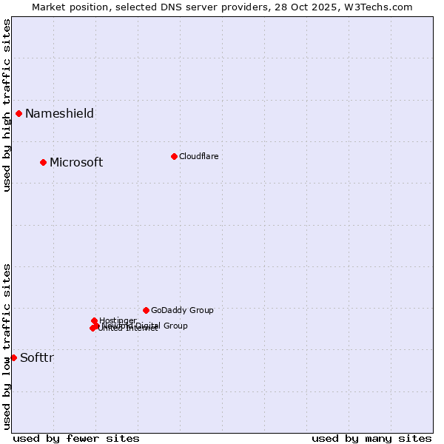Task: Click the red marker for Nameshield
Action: point(18,113)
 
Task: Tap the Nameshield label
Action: point(59,114)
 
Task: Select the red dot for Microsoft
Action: point(43,162)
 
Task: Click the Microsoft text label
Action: point(76,163)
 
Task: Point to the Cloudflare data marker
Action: point(174,156)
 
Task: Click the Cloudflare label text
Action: point(198,157)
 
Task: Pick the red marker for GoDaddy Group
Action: point(146,310)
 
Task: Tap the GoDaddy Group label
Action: point(182,311)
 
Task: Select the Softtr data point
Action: point(13,357)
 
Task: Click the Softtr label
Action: point(37,358)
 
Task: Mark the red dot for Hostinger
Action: point(94,320)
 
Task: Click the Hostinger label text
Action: point(118,320)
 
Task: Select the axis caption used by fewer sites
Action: point(76,438)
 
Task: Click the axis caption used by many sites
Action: point(371,438)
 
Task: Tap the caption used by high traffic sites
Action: point(7,105)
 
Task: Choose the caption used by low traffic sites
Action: point(7,346)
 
